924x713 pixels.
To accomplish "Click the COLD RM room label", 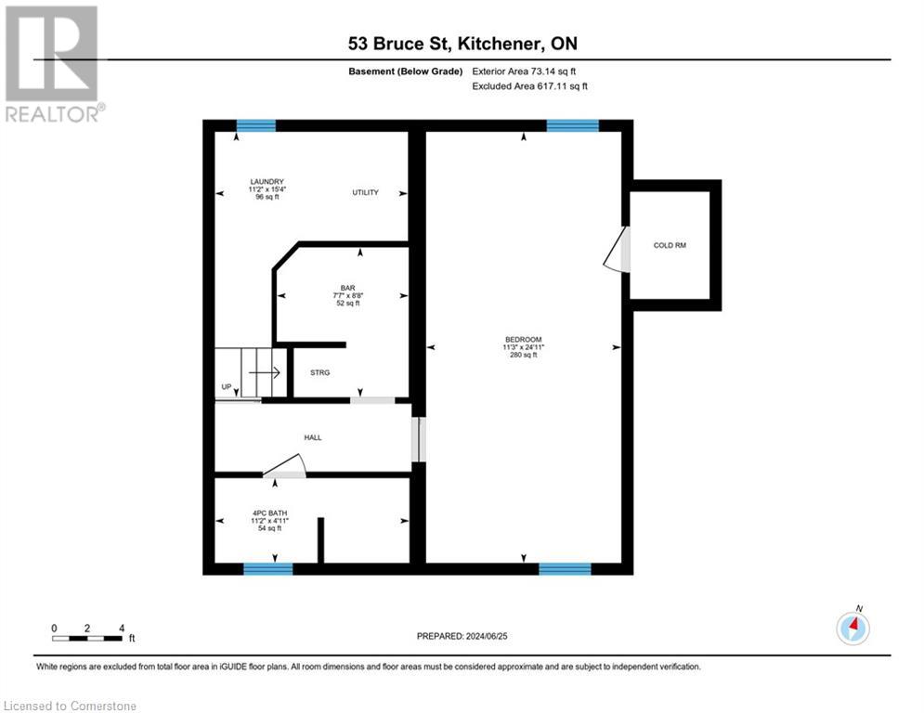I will pos(669,245).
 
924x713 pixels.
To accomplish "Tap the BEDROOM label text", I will pos(524,339).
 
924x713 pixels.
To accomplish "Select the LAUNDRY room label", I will pos(267,182).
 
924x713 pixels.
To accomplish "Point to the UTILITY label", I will pos(365,193).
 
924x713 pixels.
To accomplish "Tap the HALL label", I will pos(313,437).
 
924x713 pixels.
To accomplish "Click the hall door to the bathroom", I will pos(285,466).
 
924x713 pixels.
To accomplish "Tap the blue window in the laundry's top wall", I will pos(255,126).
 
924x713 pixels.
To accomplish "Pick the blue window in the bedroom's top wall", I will pos(572,126).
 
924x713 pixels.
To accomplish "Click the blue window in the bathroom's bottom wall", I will pos(268,568).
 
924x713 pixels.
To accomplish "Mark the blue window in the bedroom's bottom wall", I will pos(565,568).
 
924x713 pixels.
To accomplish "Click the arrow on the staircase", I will pos(269,373).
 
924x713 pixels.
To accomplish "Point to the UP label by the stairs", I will pos(226,386).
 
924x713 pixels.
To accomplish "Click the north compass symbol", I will pos(852,628).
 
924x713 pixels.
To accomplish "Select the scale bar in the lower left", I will pos(87,637).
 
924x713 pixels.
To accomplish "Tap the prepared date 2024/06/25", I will pos(465,636).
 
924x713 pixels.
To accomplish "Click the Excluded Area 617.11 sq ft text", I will pos(530,86).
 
